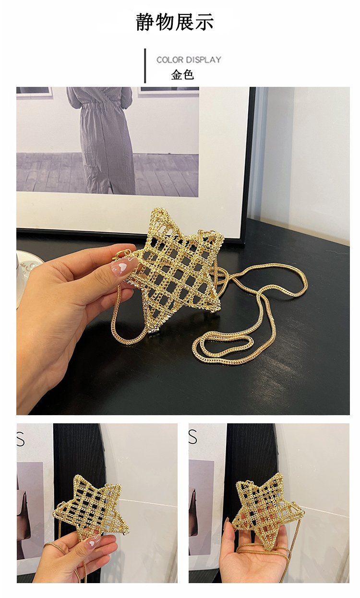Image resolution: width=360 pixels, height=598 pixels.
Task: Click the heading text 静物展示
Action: pyautogui.click(x=175, y=22)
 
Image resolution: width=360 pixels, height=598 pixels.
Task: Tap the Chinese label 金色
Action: pyautogui.click(x=182, y=74)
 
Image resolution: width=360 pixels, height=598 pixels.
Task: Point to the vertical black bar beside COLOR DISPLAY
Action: pyautogui.click(x=145, y=66)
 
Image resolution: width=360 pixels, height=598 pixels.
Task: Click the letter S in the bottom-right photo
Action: pyautogui.click(x=192, y=436)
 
